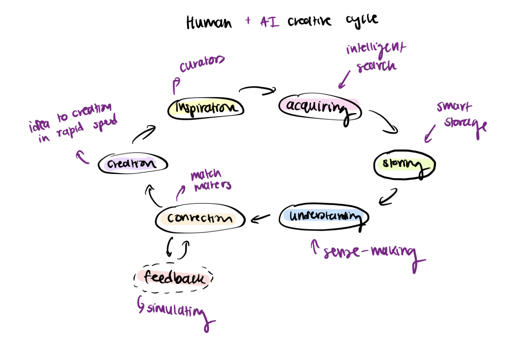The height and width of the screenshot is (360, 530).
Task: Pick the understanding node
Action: click(324, 216)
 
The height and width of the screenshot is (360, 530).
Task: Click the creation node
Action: click(132, 163)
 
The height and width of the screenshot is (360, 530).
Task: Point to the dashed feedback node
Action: click(174, 278)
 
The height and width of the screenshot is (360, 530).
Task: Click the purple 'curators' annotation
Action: click(202, 65)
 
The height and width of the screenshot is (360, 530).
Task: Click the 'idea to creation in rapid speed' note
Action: click(73, 123)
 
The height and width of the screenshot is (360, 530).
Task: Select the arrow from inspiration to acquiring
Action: click(257, 90)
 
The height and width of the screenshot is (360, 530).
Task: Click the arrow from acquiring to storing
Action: click(384, 122)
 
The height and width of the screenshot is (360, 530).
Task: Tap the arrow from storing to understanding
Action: click(388, 197)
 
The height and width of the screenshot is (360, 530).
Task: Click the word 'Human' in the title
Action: click(208, 22)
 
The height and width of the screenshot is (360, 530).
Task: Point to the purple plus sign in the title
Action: click(248, 21)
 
